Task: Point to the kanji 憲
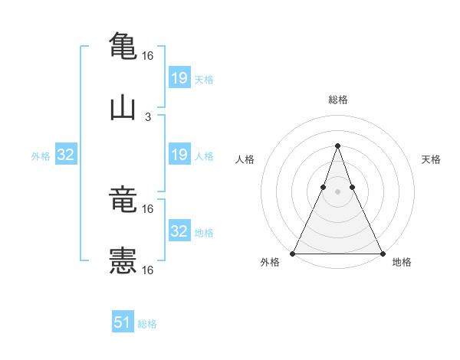[x=123, y=261]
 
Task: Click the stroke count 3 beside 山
[x=148, y=117]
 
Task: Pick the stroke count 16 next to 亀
[x=148, y=56]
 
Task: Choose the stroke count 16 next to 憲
[x=148, y=270]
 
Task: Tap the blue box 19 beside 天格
[x=179, y=77]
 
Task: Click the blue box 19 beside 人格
[x=179, y=155]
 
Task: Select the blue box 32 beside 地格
[x=179, y=231]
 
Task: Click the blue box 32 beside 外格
[x=66, y=155]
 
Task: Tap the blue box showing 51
[x=123, y=322]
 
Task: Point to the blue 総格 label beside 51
[x=147, y=324]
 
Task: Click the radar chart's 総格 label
[x=338, y=100]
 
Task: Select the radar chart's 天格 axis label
[x=432, y=159]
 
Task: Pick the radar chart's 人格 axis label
[x=245, y=159]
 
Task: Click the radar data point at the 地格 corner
[x=382, y=253]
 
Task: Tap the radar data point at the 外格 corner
[x=293, y=253]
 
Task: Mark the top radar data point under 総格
[x=337, y=145]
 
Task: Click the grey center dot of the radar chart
[x=337, y=192]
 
